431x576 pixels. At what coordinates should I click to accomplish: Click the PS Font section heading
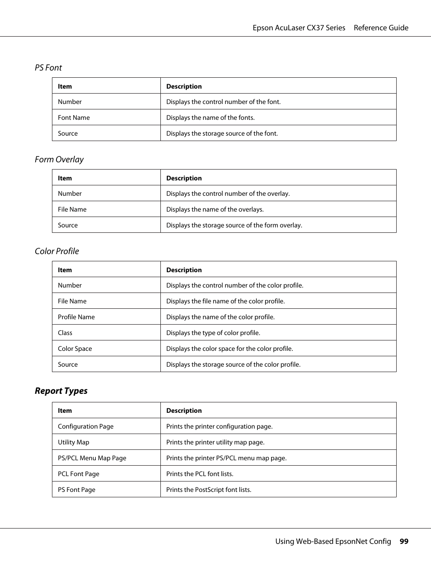tap(48, 68)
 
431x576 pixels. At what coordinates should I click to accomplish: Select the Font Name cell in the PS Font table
tap(74, 118)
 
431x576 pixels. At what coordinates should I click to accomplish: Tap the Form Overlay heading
tap(59, 160)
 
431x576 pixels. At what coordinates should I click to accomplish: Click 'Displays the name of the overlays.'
tap(215, 209)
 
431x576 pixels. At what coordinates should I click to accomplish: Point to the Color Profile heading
tap(57, 251)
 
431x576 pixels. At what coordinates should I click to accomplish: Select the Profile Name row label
tap(76, 317)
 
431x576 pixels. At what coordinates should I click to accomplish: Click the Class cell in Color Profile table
tap(65, 333)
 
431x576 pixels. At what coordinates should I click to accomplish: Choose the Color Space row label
tap(75, 349)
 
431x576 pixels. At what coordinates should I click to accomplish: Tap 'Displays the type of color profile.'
tap(213, 333)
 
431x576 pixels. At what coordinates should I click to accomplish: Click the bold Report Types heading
tap(61, 391)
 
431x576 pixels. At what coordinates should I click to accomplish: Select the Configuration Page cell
tap(86, 426)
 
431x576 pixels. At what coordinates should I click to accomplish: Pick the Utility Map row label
tap(74, 442)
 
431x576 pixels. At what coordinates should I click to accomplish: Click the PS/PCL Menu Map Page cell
tap(92, 458)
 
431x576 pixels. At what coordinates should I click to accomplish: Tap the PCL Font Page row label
tap(79, 474)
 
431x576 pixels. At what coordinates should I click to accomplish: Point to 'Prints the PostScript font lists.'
tap(209, 490)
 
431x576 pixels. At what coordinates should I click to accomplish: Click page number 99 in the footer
tap(404, 542)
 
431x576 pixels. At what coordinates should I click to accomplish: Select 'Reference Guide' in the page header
tap(381, 28)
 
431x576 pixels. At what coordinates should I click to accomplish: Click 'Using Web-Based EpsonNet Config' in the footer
tap(333, 542)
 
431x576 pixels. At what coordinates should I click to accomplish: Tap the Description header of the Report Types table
tap(184, 411)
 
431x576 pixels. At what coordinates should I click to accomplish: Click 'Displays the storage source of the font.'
tap(222, 133)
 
